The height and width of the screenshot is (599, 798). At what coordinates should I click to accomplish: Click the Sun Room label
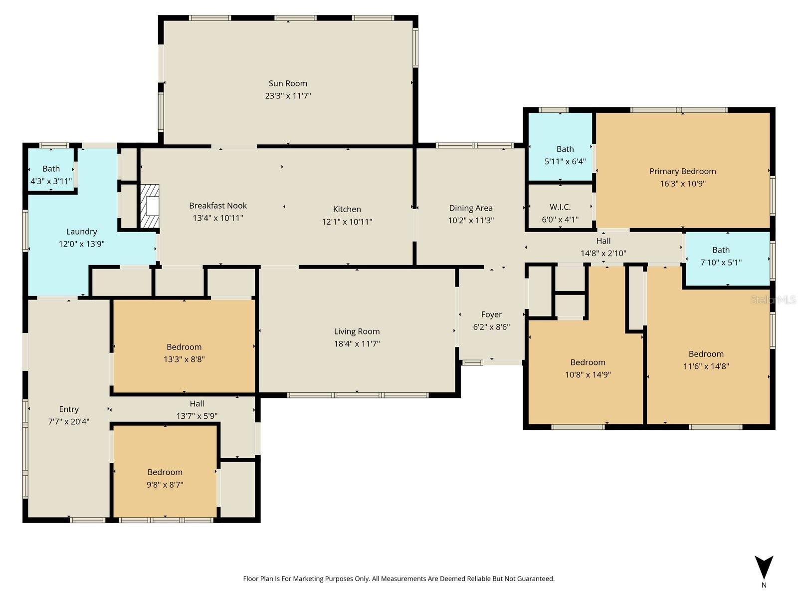coord(288,83)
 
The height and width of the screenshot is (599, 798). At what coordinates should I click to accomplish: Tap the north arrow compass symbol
coord(764,568)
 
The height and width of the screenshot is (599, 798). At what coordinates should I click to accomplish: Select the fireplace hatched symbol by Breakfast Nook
coord(149,206)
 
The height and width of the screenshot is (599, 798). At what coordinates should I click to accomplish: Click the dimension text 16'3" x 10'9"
coord(682,183)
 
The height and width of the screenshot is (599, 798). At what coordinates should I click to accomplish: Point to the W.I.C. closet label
coord(560,207)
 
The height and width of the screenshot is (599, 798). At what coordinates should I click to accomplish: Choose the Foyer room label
coord(491,314)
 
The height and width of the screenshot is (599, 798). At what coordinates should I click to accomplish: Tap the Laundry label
coord(81,232)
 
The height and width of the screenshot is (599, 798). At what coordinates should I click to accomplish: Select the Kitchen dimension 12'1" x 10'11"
coord(347,222)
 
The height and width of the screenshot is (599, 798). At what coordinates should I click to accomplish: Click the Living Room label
coord(357,331)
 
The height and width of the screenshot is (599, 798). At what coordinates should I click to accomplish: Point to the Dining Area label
coord(470,208)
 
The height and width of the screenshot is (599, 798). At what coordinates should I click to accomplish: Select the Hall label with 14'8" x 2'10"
coord(603,241)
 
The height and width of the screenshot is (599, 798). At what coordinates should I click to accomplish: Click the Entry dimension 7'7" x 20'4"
coord(69,421)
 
